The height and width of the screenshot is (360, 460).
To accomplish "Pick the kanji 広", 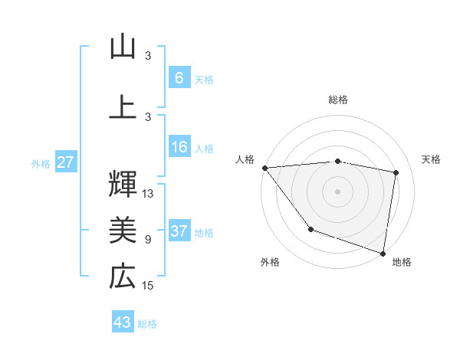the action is tap(123, 277).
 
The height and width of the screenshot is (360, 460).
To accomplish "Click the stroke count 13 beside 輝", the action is tap(148, 194).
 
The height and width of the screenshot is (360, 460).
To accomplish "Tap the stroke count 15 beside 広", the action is tap(148, 286).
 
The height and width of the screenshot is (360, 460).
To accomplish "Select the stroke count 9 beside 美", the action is tap(148, 240).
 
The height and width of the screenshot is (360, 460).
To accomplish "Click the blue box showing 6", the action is tap(179, 78).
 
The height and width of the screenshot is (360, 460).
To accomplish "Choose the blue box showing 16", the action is tap(179, 147).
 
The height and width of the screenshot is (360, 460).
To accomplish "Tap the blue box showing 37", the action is tap(179, 231).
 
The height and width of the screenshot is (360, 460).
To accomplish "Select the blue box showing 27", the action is tap(65, 162).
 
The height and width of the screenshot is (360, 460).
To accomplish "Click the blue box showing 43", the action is tap(123, 322).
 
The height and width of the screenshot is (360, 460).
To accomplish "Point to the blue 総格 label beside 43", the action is tap(147, 324).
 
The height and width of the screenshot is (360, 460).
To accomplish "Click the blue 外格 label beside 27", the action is tap(41, 163).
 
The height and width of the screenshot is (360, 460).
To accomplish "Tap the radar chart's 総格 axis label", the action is tap(338, 100).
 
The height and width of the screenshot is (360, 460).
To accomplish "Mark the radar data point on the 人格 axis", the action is tap(264, 168).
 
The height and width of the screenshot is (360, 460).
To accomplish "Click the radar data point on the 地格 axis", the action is tap(383, 252).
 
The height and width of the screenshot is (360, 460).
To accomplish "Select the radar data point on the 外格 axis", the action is tap(310, 228).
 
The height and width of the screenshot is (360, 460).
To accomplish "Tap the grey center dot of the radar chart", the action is tap(338, 191).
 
